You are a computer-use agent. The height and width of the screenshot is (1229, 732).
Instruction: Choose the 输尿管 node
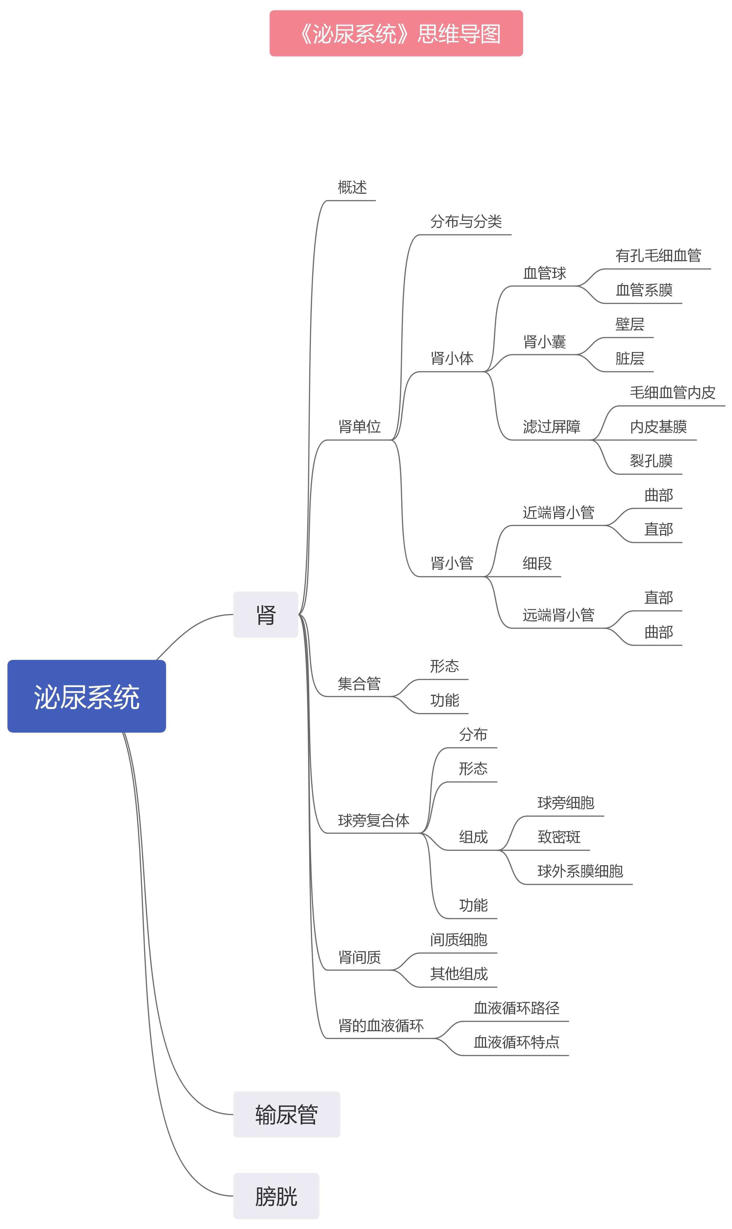click(287, 1114)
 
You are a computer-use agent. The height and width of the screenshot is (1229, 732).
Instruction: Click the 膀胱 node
click(276, 1197)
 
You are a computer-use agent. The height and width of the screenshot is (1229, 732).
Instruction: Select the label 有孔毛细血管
click(658, 256)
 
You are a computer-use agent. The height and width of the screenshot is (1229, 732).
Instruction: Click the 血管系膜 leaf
click(644, 290)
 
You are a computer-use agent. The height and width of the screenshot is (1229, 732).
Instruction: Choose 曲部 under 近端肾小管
click(658, 495)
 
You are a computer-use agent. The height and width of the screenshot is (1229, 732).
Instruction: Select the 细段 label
click(537, 563)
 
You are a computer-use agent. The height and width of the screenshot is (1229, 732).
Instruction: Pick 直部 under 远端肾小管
click(658, 598)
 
